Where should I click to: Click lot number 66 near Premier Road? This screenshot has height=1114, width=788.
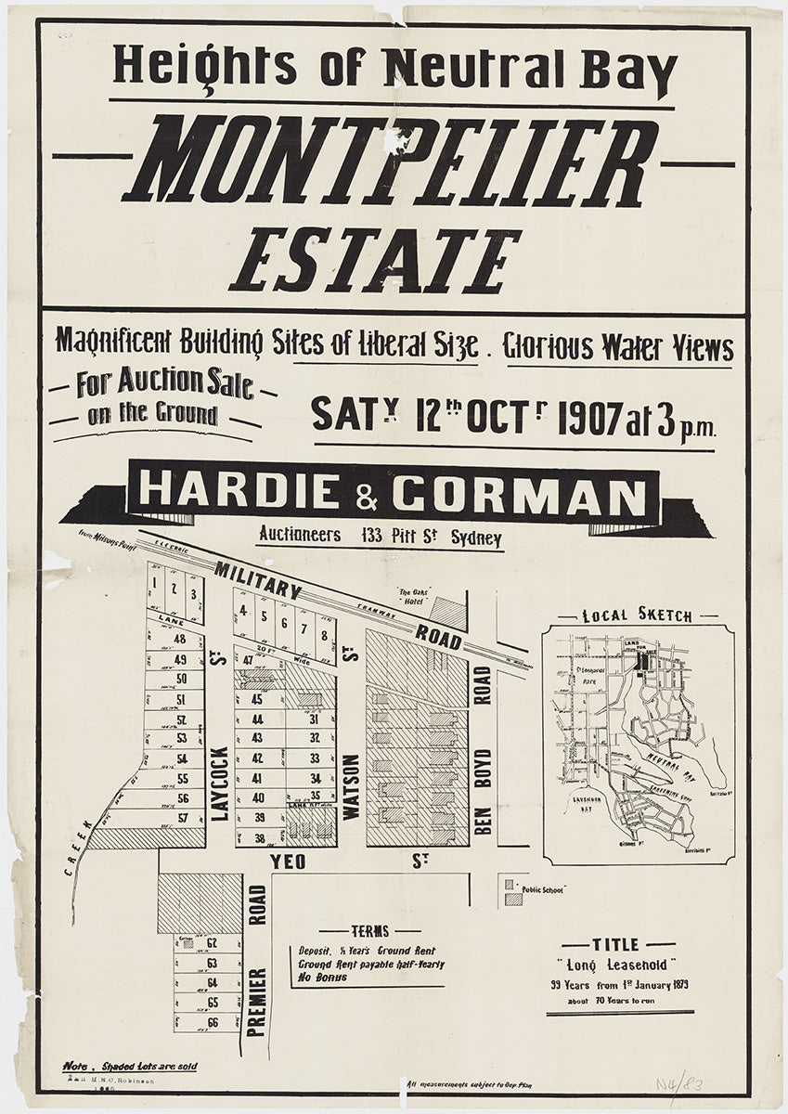[212, 1022]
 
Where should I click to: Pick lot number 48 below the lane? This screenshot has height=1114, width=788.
[180, 639]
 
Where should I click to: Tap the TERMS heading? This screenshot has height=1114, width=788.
[369, 931]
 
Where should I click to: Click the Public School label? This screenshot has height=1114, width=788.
[543, 888]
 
